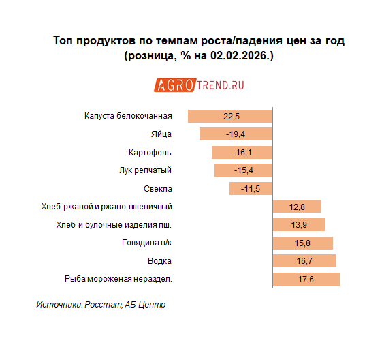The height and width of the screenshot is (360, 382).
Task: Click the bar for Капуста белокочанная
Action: tap(230, 115)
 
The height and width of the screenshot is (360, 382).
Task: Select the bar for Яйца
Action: tap(236, 134)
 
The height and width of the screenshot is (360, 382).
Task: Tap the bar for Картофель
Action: tap(242, 152)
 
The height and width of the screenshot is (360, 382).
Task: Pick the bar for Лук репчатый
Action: tap(243, 170)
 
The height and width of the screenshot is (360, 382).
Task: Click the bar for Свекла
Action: tap(251, 188)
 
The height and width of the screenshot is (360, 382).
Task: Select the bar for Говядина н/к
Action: tap(302, 243)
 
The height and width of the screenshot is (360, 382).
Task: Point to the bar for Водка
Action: tap(304, 260)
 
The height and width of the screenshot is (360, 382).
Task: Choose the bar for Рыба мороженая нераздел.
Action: tap(306, 279)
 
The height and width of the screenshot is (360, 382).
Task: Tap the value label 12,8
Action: tap(297, 207)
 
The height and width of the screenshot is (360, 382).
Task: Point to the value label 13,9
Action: tap(299, 224)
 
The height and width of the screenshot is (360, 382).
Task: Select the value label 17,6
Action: tap(306, 279)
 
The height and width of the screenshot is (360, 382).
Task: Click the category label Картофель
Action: tap(150, 152)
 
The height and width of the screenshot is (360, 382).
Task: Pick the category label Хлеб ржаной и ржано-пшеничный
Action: tap(106, 207)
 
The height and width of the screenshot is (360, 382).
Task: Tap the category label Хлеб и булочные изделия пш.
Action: tap(112, 224)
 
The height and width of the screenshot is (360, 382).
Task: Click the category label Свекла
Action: tap(158, 188)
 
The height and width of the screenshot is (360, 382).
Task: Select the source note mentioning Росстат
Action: tap(100, 305)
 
